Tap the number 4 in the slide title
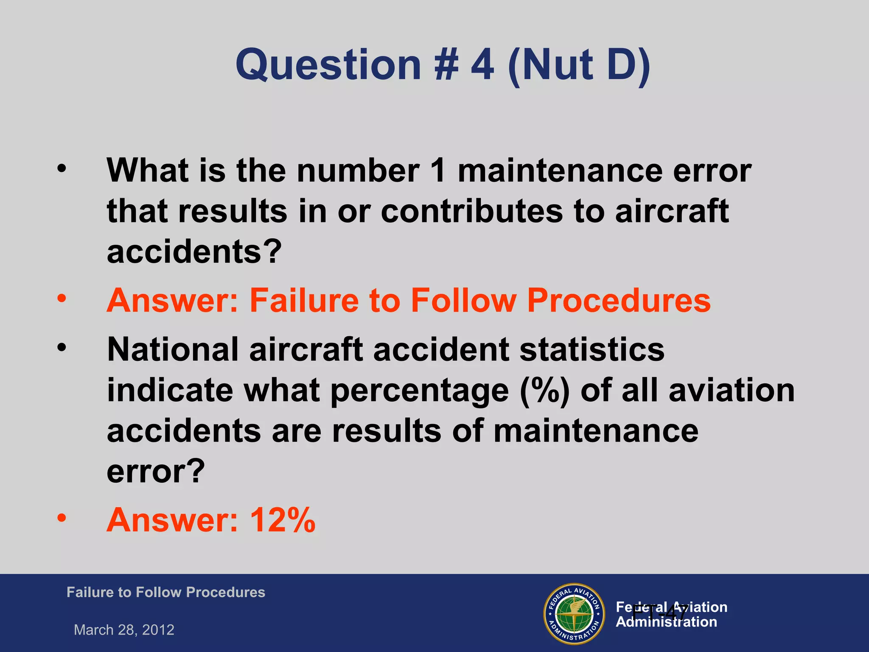click(x=482, y=65)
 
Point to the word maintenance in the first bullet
click(x=560, y=171)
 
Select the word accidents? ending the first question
click(x=194, y=251)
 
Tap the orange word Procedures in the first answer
click(x=619, y=301)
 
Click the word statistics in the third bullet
click(x=592, y=349)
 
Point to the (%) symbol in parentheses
click(x=545, y=391)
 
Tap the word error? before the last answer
click(x=156, y=471)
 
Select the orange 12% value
click(x=283, y=520)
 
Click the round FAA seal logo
click(x=574, y=614)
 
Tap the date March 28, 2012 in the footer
click(x=124, y=630)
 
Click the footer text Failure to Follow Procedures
click(x=165, y=592)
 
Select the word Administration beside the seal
click(x=666, y=622)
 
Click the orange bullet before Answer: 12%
click(x=62, y=517)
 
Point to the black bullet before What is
click(x=62, y=169)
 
